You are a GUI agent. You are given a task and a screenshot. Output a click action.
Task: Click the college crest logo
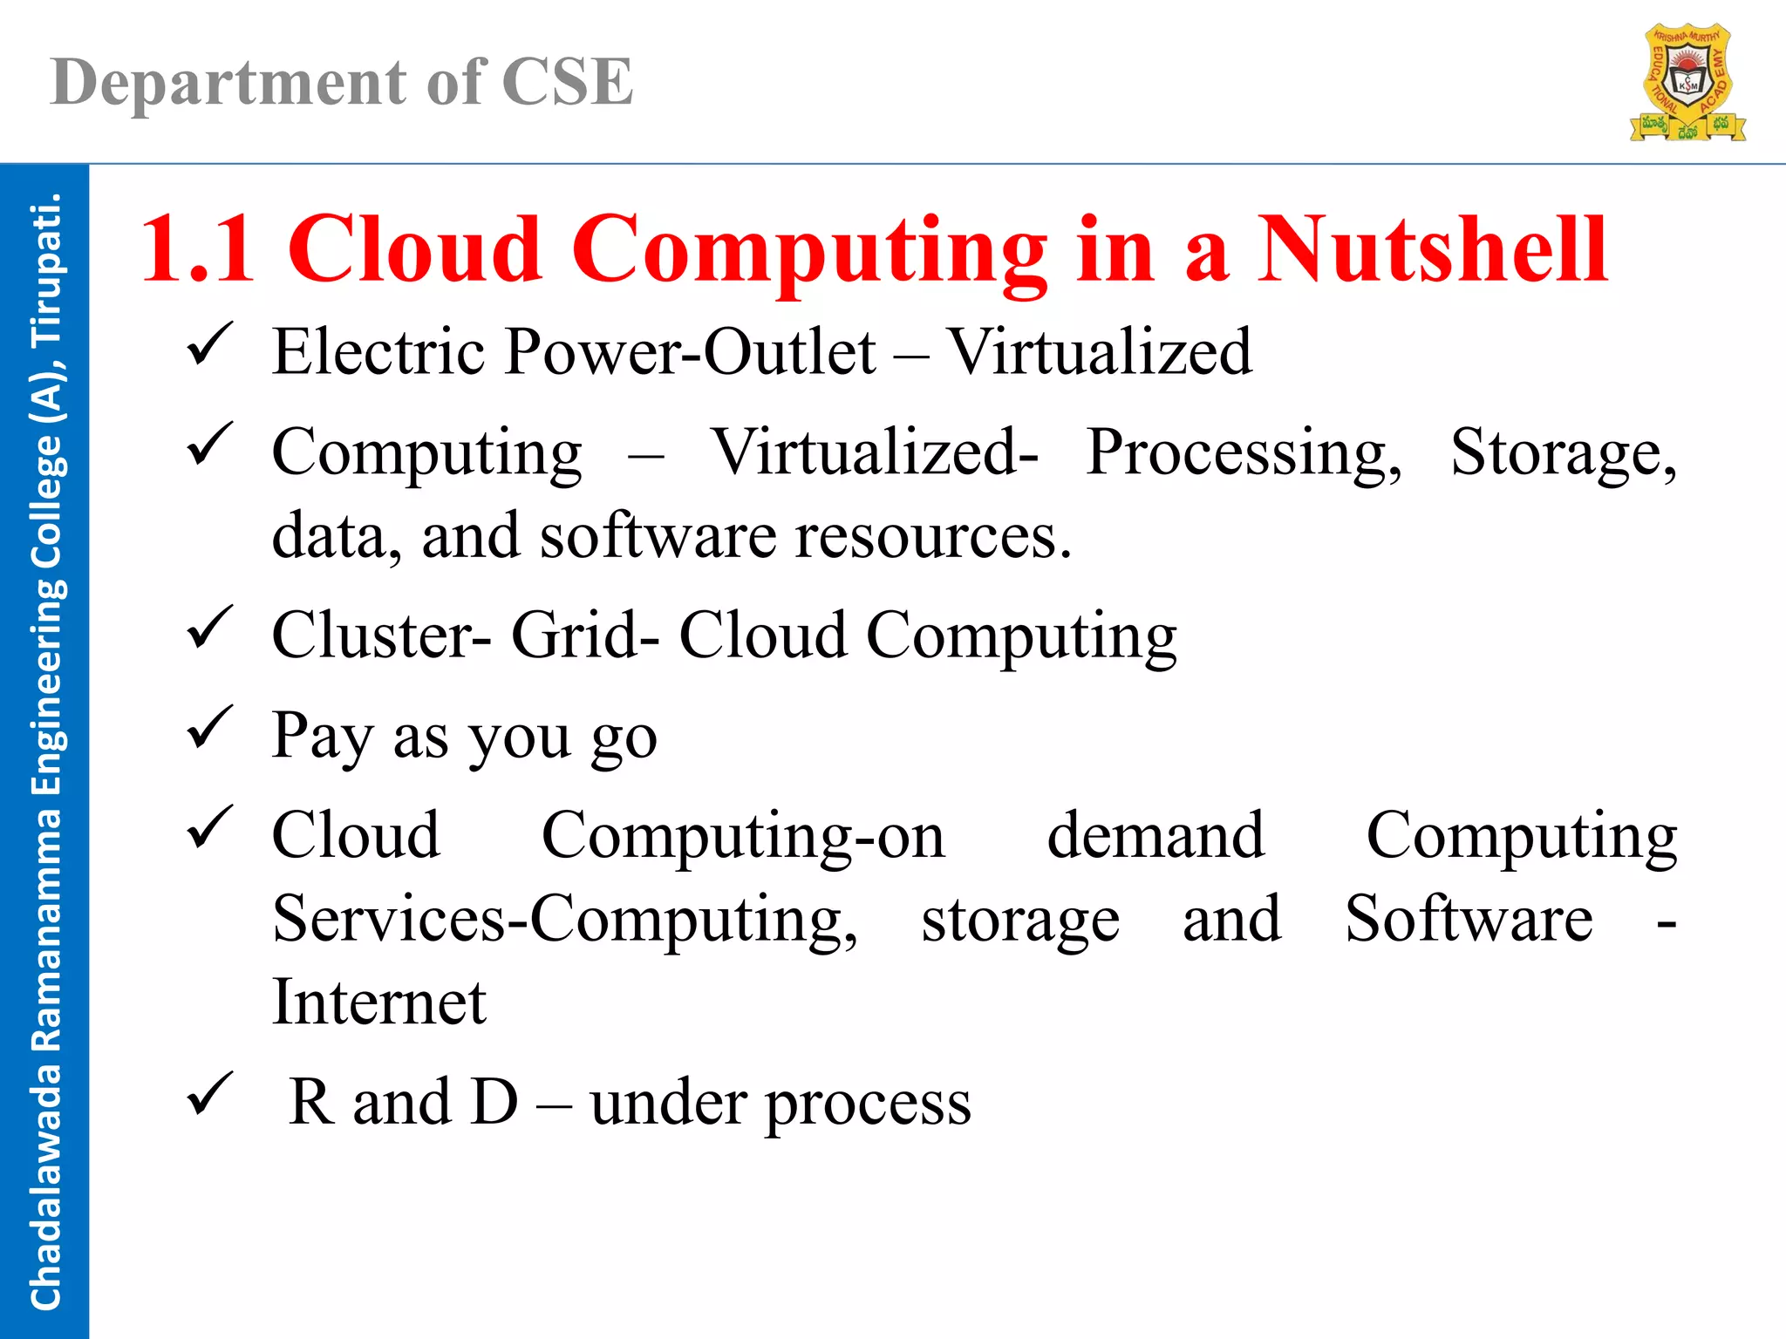1687,84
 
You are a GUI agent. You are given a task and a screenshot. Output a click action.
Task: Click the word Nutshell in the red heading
1432,250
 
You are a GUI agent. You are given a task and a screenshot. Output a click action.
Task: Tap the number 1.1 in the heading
197,250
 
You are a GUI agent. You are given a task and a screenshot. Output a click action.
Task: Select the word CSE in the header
567,83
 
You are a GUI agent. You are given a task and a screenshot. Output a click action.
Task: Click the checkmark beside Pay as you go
209,728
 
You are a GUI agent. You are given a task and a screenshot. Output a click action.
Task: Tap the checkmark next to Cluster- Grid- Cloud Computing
209,629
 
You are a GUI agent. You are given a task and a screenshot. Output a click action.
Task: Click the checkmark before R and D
209,1095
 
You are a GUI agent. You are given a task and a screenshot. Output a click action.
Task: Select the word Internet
378,1002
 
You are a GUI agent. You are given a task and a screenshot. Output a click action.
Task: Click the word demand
1155,835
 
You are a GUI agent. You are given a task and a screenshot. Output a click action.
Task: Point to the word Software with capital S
1469,919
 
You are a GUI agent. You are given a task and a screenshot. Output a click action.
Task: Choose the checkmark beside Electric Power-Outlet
209,345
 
